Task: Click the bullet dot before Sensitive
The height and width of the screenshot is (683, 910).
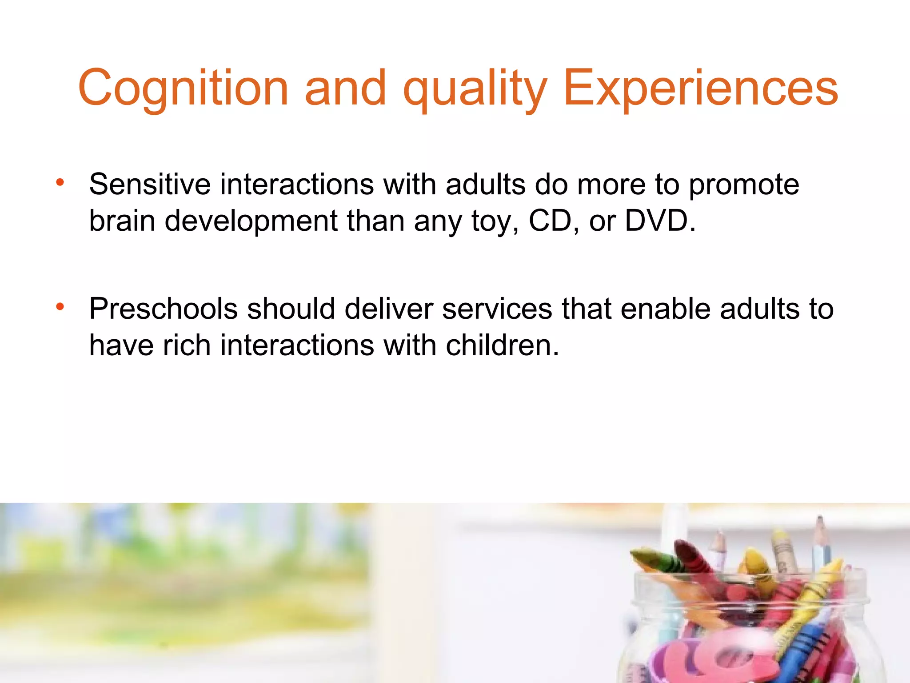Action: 60,182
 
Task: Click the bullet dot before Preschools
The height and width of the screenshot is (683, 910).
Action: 60,306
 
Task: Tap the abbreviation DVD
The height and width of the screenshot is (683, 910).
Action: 659,221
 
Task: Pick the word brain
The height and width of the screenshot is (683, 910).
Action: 122,221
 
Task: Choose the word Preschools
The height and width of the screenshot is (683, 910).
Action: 163,309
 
